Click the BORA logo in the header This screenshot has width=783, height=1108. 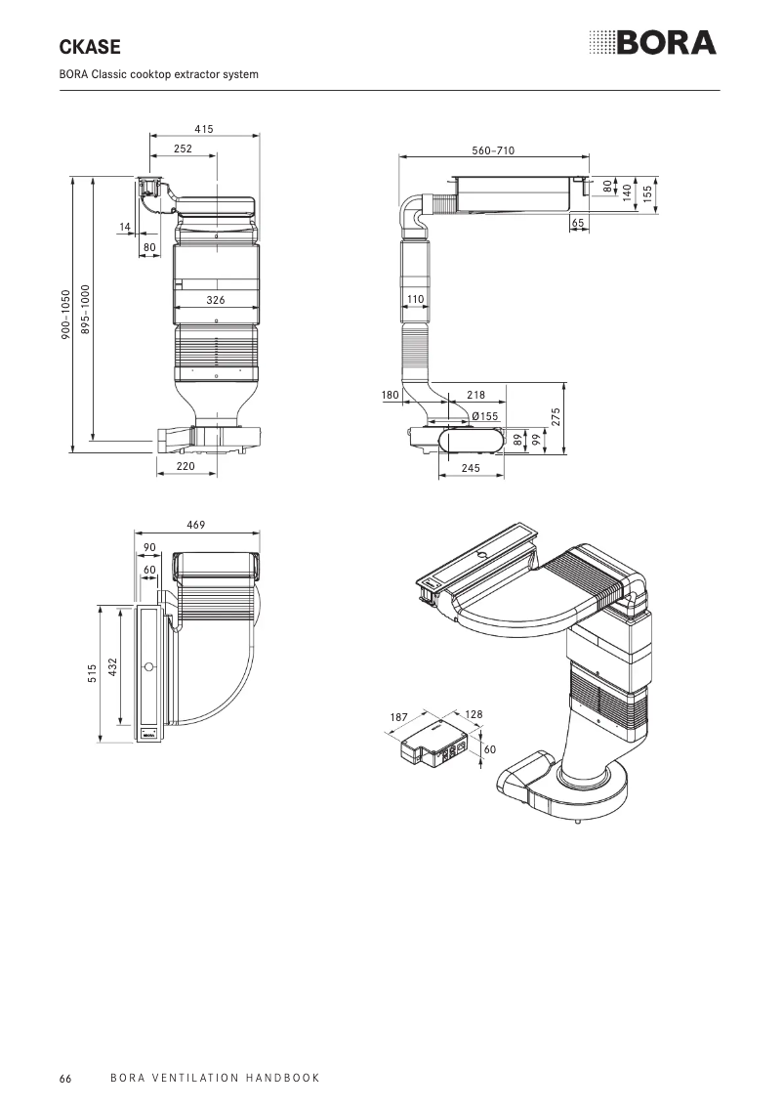(652, 43)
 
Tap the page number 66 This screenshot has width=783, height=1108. (64, 1078)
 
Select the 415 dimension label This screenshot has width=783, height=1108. (203, 129)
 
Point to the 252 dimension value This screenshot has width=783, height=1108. (183, 149)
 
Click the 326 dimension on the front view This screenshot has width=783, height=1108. (216, 300)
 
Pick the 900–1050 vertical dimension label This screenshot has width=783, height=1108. (65, 315)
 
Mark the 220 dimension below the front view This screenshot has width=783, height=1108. (185, 467)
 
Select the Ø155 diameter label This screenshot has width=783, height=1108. (484, 416)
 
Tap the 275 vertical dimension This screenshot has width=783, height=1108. (555, 415)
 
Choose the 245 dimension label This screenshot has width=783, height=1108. (471, 468)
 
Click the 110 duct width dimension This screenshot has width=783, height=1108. (415, 297)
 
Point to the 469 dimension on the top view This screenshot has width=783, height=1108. (196, 525)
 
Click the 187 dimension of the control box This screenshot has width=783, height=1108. (398, 717)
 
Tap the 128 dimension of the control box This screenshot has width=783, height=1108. (474, 715)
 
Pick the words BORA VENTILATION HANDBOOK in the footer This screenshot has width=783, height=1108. (215, 1078)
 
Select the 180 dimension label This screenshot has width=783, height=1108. (391, 395)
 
